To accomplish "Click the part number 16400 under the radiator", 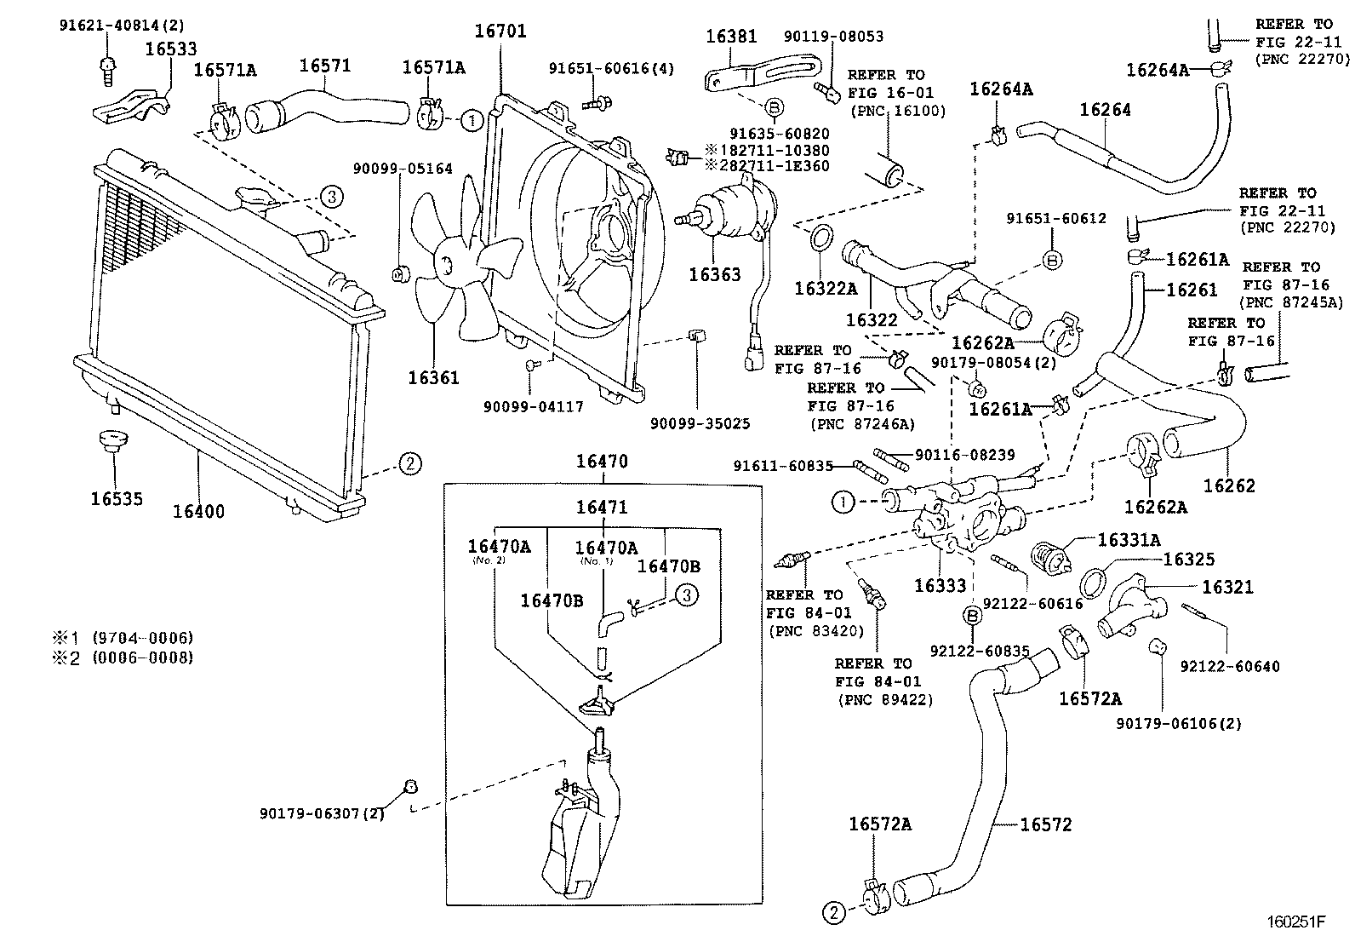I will point(198,512).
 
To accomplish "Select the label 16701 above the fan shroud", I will point(500,32).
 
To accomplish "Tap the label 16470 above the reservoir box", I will point(601,462).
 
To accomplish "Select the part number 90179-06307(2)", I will point(322,814).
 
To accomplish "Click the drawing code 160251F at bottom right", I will point(1295,922).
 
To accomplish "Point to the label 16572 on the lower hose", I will point(1045,824).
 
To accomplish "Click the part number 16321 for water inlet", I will point(1227,587).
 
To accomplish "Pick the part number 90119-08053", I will point(832,37).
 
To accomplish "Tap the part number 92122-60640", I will point(1230,666).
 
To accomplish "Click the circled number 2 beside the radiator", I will point(409,464).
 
